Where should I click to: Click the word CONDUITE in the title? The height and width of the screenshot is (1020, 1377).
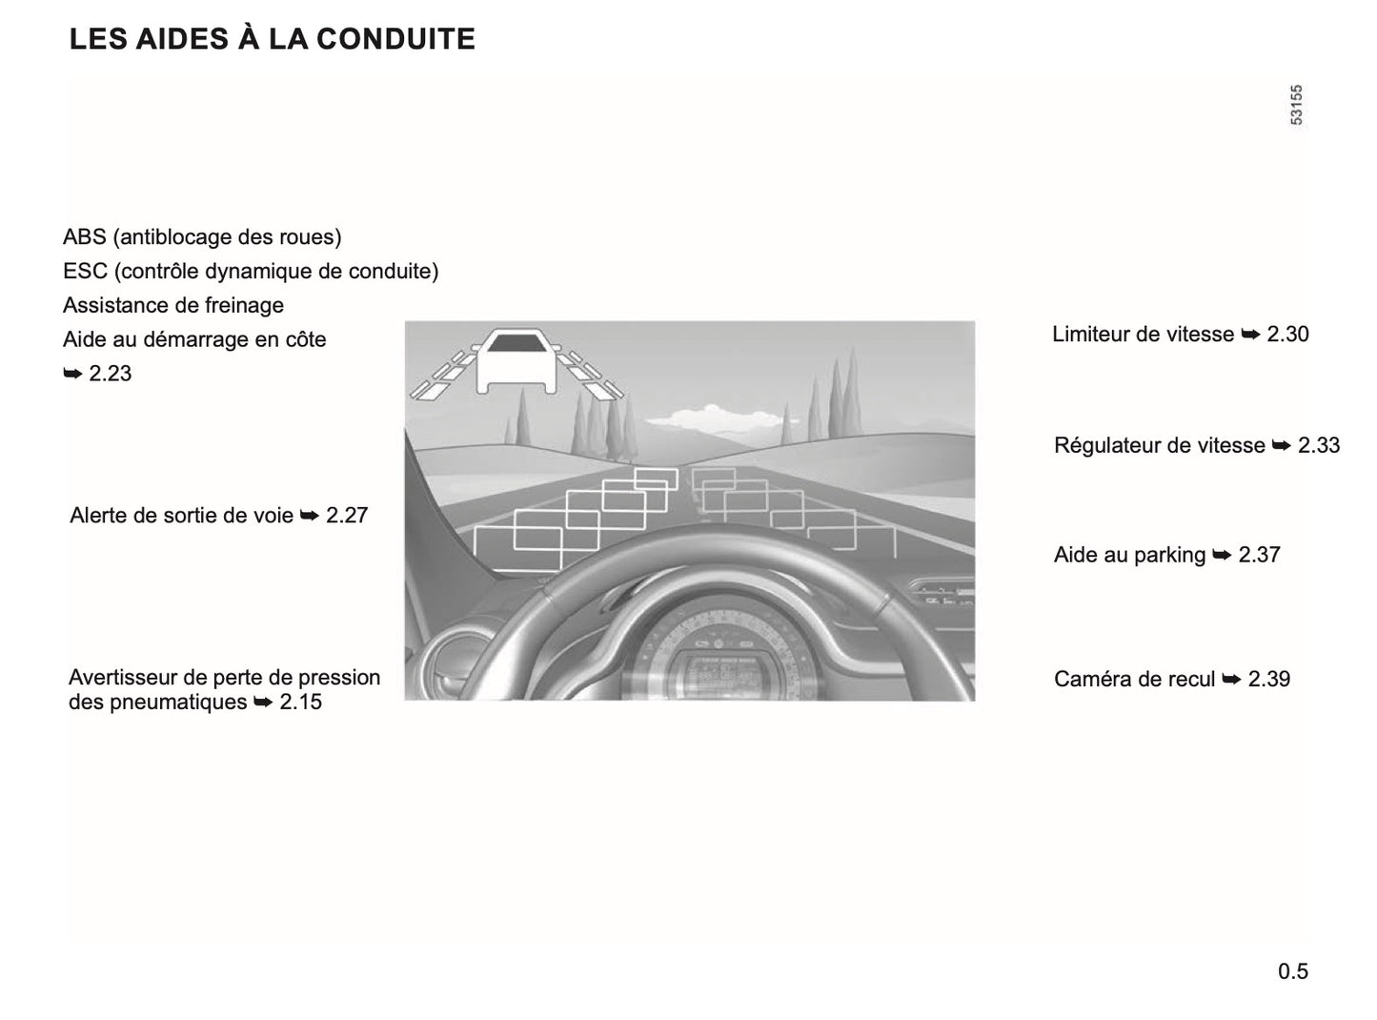(x=395, y=39)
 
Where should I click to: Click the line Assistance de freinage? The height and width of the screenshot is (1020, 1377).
(x=173, y=305)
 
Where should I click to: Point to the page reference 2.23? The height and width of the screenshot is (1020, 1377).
(x=110, y=374)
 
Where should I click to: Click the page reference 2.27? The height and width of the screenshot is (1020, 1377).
(x=347, y=516)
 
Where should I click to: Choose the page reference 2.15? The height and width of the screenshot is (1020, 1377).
(x=301, y=703)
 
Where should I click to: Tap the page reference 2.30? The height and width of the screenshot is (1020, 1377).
(x=1287, y=335)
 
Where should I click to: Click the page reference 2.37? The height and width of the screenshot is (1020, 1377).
(x=1259, y=555)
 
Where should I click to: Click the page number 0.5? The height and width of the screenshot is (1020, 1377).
(x=1293, y=971)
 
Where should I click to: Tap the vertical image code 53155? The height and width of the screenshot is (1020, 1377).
(x=1297, y=105)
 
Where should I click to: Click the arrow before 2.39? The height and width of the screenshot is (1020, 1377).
(x=1231, y=680)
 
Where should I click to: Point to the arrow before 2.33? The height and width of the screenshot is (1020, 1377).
(x=1281, y=445)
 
